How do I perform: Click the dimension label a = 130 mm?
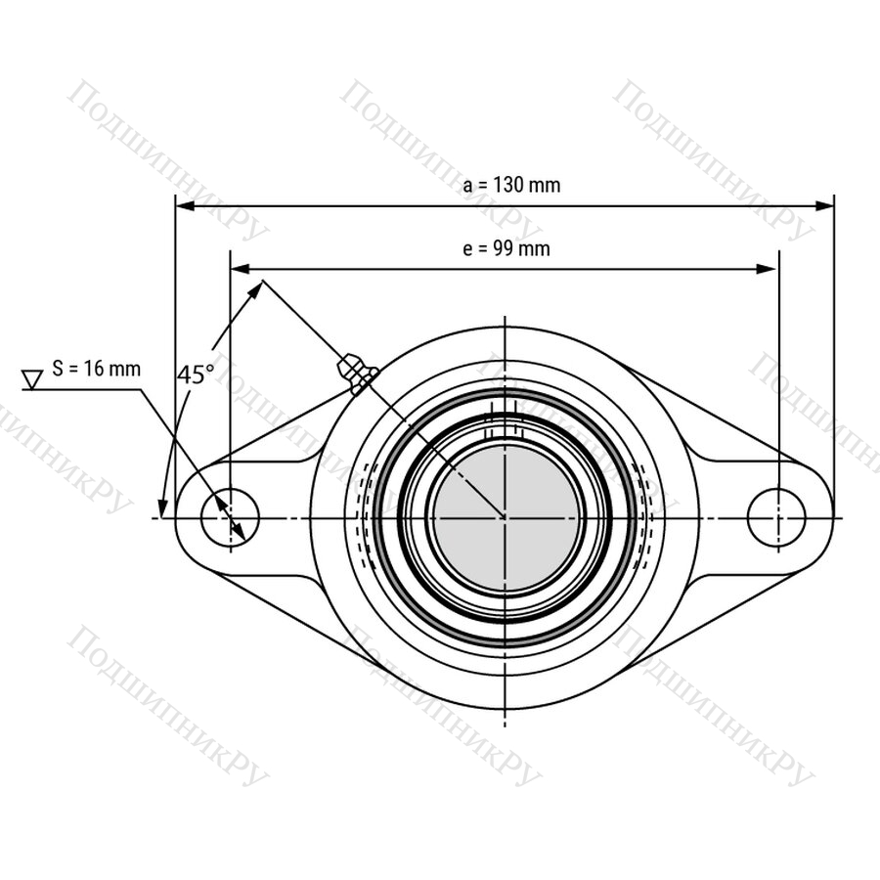click(x=511, y=185)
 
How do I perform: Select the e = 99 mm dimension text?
click(x=506, y=248)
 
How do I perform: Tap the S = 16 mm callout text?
click(x=96, y=369)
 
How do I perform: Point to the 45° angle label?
click(x=196, y=374)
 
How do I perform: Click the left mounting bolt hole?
click(x=230, y=517)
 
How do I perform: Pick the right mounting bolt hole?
click(x=776, y=517)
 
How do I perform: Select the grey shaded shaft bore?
click(x=506, y=517)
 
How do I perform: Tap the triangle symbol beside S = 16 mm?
click(x=32, y=378)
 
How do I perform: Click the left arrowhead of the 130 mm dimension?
click(x=185, y=206)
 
